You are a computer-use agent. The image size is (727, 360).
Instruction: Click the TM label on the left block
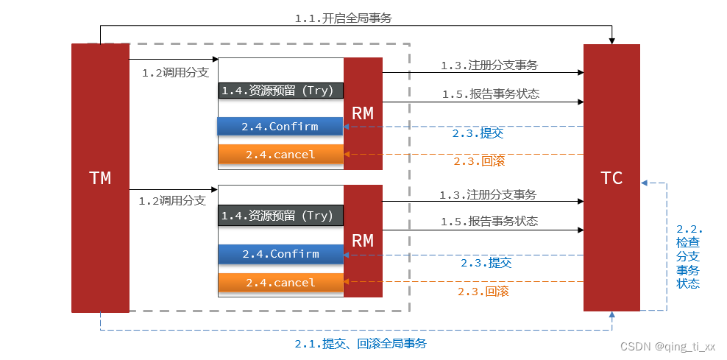pos(100,177)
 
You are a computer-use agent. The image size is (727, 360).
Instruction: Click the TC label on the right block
pos(611,177)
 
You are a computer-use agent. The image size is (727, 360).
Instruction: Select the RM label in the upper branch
pos(363,113)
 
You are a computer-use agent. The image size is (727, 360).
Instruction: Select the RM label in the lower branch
pos(363,241)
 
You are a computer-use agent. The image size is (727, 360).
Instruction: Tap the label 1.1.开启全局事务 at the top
pos(344,18)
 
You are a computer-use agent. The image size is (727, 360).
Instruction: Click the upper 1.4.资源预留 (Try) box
pos(280,91)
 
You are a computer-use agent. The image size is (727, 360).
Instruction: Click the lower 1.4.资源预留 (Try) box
pos(280,216)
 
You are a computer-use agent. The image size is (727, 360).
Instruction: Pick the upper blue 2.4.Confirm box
pos(280,127)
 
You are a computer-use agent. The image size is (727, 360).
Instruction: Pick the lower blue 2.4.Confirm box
pos(280,254)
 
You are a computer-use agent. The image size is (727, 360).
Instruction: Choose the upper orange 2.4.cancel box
pos(280,155)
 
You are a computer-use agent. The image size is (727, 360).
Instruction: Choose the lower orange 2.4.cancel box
pos(280,283)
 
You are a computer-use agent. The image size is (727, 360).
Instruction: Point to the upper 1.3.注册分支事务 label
pos(489,65)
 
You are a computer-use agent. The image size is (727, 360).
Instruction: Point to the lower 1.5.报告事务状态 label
pos(489,221)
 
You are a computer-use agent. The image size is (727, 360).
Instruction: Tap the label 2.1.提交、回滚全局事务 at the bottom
pos(361,344)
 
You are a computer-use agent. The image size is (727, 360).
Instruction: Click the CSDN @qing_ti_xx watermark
pos(667,346)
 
